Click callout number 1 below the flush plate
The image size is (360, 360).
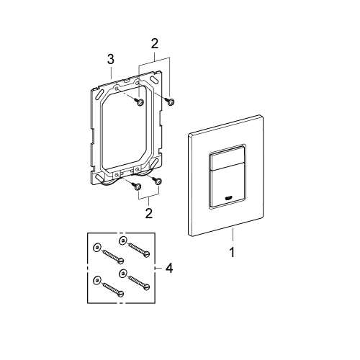pyautogui.click(x=232, y=253)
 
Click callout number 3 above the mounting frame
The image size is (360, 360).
pyautogui.click(x=111, y=59)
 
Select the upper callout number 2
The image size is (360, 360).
pyautogui.click(x=155, y=44)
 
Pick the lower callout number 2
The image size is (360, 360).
pyautogui.click(x=149, y=213)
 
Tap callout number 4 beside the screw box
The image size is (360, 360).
pyautogui.click(x=169, y=268)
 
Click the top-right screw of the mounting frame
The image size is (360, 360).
pyautogui.click(x=170, y=102)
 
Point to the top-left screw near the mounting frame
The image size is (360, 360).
pyautogui.click(x=139, y=102)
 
